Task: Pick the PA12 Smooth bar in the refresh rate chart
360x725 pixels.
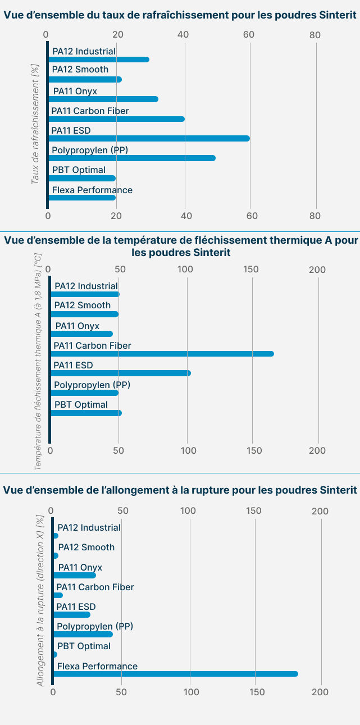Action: [85, 79]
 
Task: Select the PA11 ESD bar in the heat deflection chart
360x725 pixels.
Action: [121, 373]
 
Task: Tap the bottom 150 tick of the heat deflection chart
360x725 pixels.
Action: [253, 450]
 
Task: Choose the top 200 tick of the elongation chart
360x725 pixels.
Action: [320, 511]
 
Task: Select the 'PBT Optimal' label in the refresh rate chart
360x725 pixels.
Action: [79, 170]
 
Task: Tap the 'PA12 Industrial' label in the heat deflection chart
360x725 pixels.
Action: [86, 286]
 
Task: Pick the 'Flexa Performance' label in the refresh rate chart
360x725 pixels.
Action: [92, 190]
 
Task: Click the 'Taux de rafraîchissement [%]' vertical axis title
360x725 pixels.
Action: [35, 124]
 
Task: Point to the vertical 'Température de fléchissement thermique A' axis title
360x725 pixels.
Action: [38, 361]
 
